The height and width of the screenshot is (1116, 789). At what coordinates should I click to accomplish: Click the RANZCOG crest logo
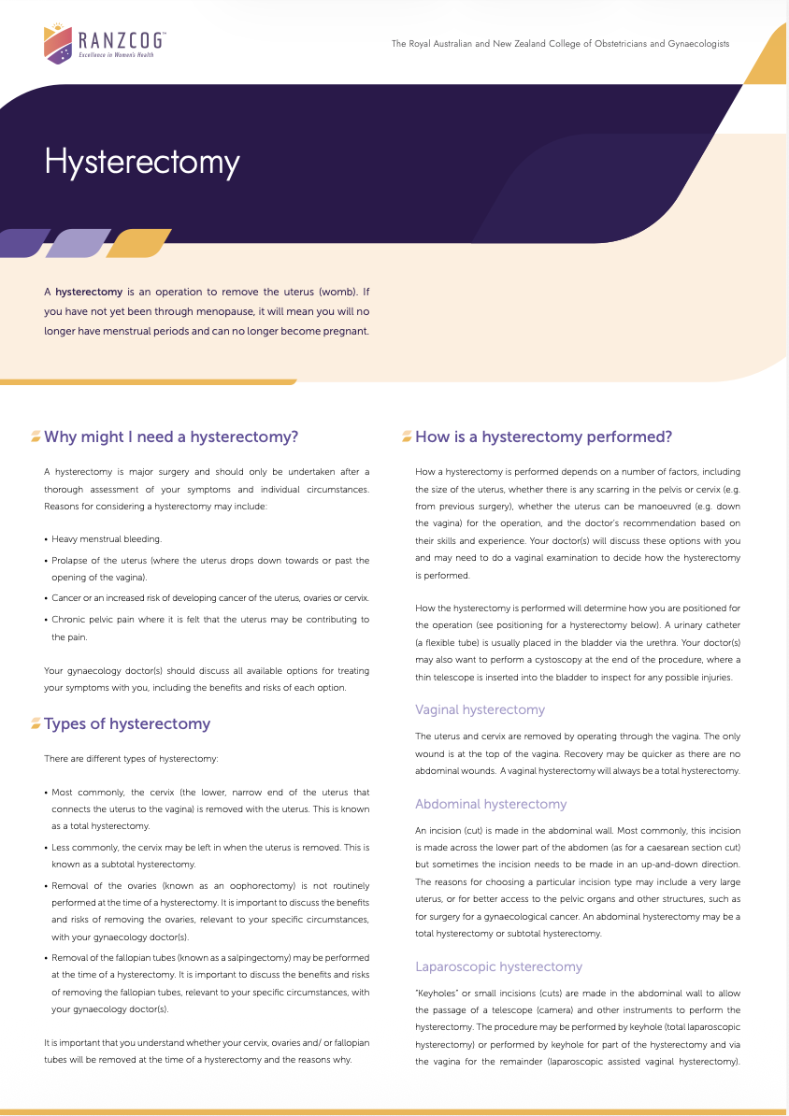pos(58,44)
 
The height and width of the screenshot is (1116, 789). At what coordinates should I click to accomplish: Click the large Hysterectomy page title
pos(142,162)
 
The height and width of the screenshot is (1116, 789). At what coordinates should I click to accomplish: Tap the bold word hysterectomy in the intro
pos(89,292)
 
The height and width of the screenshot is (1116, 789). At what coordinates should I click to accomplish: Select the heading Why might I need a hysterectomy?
pos(171,436)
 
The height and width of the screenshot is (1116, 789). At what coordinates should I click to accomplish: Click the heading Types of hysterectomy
pos(127,723)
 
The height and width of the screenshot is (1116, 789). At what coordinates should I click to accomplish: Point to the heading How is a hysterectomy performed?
pos(543,436)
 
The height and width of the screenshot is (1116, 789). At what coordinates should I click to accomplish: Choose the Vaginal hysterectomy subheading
pos(480,709)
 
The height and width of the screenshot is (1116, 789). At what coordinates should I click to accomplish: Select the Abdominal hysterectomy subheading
pos(491,804)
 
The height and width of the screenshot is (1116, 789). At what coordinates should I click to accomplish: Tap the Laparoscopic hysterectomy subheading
pos(498,966)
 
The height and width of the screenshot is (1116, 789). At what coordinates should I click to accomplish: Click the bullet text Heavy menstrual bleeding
pos(107,539)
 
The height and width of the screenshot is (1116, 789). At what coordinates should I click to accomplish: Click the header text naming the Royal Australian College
pos(560,44)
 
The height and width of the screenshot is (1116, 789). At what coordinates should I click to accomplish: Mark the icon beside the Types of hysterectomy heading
pos(36,723)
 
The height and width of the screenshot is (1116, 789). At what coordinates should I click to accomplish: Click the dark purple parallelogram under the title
pos(23,243)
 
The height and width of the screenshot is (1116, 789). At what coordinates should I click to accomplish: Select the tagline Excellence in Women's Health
pos(116,55)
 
